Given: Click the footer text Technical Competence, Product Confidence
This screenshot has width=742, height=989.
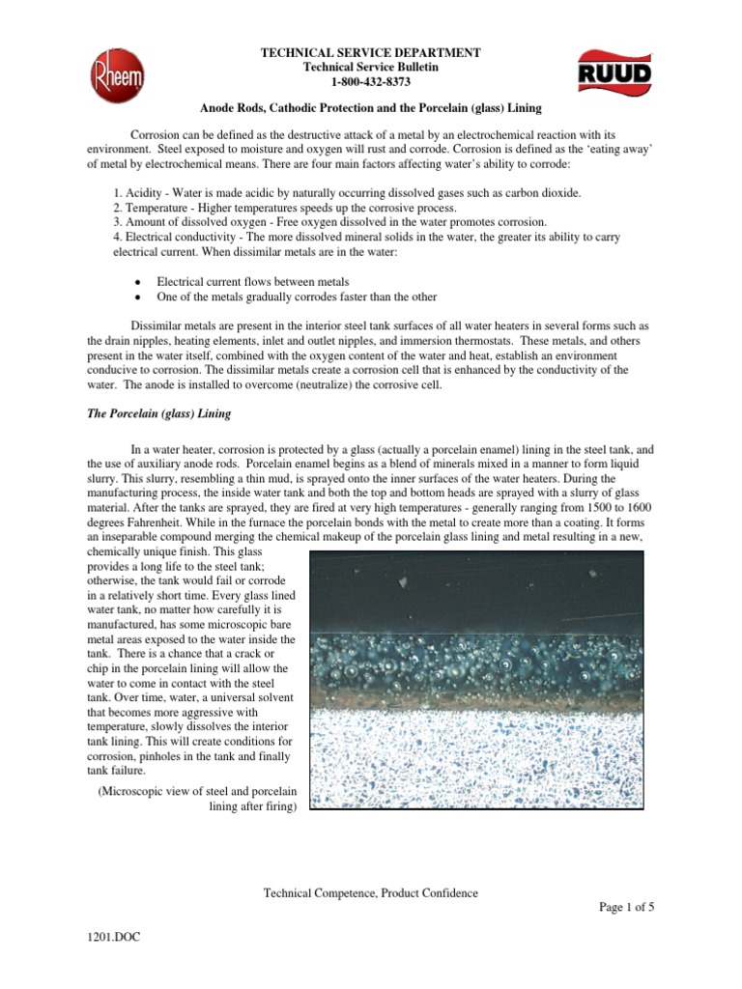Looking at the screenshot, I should [x=371, y=893].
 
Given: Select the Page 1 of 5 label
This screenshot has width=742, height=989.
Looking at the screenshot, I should [x=627, y=909].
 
